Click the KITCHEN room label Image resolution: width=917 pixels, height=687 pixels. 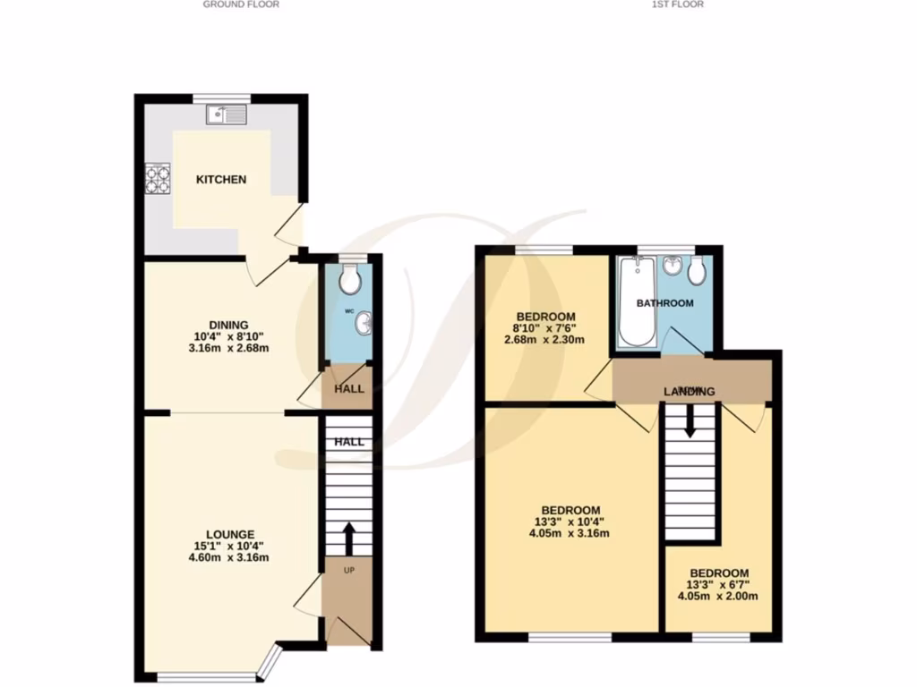coord(221,179)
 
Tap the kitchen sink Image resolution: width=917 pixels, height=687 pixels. coord(226,114)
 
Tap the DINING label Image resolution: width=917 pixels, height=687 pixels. coord(228,325)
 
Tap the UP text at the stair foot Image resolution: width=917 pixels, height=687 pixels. coord(348,571)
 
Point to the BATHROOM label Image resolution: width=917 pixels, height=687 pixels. coord(664,303)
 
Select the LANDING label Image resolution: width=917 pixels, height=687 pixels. coord(689,392)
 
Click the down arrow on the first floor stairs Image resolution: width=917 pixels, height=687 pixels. coord(690,421)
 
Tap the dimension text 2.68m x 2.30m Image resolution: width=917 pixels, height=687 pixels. coord(545,340)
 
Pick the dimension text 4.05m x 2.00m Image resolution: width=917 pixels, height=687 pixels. coord(718,597)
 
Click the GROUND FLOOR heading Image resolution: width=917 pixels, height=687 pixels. coord(241,4)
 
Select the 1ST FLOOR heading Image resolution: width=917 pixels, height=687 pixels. coord(678,4)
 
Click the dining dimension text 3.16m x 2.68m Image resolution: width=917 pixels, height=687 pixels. coord(228,348)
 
